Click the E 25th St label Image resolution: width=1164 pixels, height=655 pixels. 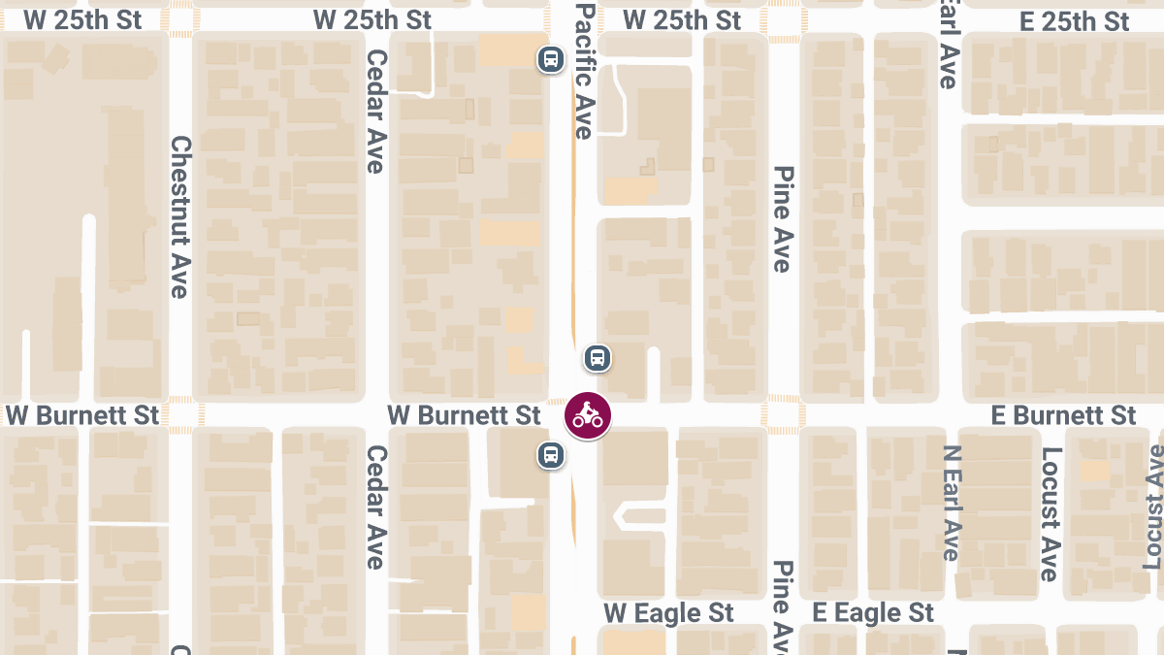click(x=1074, y=21)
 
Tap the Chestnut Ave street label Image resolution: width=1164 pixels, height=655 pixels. click(x=180, y=215)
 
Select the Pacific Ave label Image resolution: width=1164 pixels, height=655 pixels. click(x=583, y=70)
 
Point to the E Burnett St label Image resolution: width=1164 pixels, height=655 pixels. click(x=1063, y=415)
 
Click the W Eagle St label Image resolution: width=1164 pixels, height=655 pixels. click(x=668, y=613)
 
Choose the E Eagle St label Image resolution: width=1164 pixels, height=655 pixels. click(x=873, y=613)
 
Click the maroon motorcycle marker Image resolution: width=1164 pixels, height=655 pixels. click(x=588, y=416)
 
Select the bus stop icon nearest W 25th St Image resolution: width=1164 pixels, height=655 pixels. click(x=551, y=59)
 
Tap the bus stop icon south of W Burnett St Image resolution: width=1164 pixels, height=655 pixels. click(x=550, y=454)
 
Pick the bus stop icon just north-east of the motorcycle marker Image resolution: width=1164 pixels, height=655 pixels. click(x=598, y=358)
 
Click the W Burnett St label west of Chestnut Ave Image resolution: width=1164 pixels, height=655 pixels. click(x=82, y=415)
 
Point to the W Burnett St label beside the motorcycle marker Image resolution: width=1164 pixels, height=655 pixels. click(x=464, y=415)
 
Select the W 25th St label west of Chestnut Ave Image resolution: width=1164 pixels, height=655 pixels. click(x=82, y=19)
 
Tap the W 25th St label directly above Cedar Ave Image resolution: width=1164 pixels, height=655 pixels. click(x=372, y=19)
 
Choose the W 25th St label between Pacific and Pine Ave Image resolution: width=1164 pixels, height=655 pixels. click(x=681, y=19)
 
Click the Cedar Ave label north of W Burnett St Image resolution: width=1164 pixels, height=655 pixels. click(x=375, y=112)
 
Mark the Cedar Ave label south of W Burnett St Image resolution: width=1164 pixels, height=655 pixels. click(x=375, y=507)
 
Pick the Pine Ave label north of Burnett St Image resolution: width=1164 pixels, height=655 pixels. click(x=783, y=218)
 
